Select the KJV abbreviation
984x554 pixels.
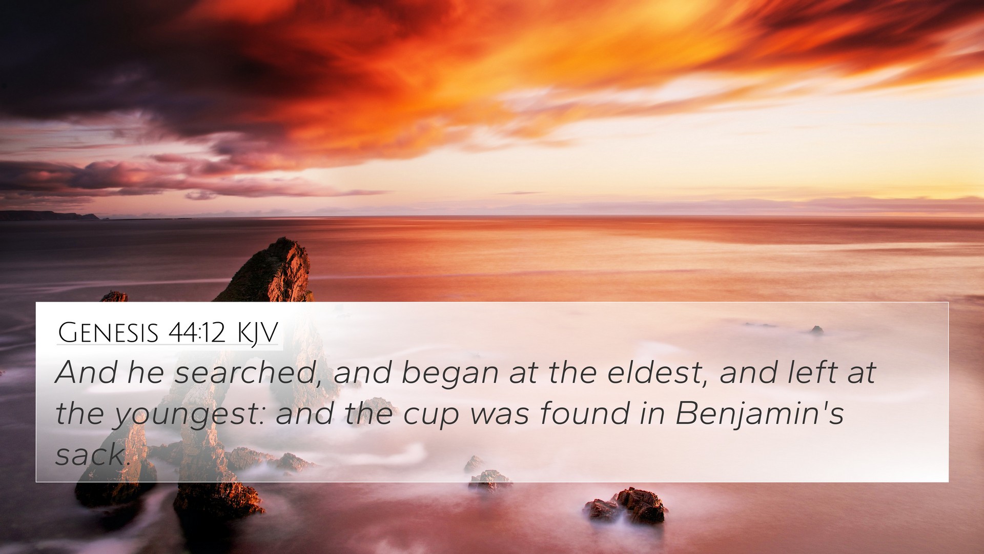[x=257, y=333]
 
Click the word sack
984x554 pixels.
[x=90, y=454]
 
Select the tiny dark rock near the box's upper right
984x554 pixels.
[x=816, y=330]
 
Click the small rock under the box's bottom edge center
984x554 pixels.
[x=489, y=481]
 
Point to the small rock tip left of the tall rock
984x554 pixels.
[x=114, y=296]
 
